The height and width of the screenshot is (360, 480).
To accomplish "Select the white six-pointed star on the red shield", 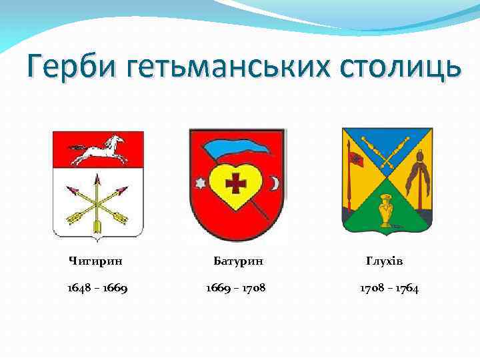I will [199, 182].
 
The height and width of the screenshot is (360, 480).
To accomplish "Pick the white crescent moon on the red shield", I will [273, 182].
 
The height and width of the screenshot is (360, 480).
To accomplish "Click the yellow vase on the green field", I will [386, 209].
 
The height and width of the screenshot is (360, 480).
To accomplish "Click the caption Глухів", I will [385, 260].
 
